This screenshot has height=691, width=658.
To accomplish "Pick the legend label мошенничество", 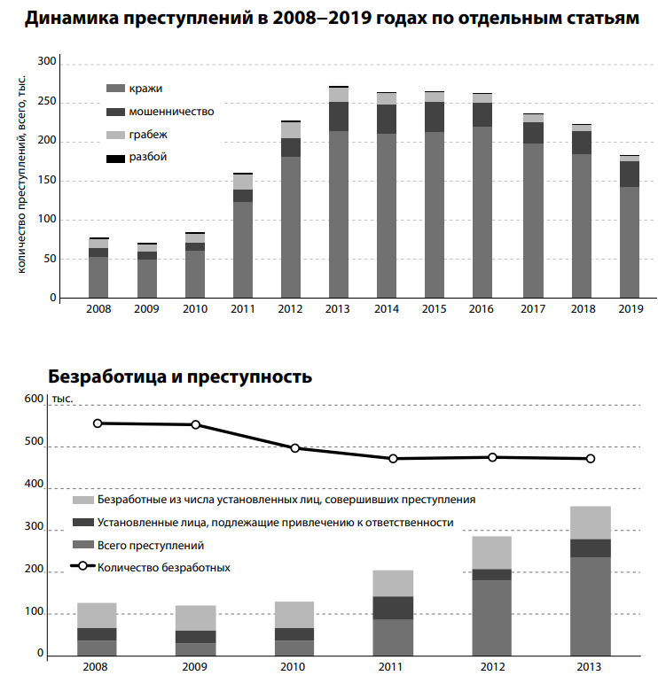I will coord(170,112).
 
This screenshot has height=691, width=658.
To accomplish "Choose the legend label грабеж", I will coord(147,135).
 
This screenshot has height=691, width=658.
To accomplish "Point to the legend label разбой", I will coord(147,157).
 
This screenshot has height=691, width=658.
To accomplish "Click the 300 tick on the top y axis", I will coord(47,63).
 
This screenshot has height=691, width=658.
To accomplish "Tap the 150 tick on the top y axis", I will coord(47,181).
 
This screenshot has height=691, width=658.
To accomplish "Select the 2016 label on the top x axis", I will coord(482,309).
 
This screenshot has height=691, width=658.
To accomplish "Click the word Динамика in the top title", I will coord(81,18).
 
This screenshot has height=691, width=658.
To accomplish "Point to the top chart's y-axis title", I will coord(21,173).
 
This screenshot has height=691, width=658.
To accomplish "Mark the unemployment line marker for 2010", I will coord(295,448).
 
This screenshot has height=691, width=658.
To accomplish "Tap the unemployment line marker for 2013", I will coord(591,459).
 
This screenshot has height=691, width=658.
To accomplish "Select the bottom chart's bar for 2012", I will coord(491,595).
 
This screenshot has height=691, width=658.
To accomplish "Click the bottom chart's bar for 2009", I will coord(195,630).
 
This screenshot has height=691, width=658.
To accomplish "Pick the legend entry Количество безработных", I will coord(163,568).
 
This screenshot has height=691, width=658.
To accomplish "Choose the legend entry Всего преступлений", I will coord(151,546).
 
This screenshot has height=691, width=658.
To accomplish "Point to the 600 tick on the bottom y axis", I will coord(33,400).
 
